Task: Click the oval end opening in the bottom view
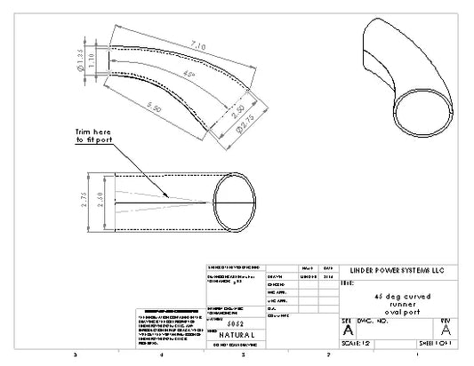236,202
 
